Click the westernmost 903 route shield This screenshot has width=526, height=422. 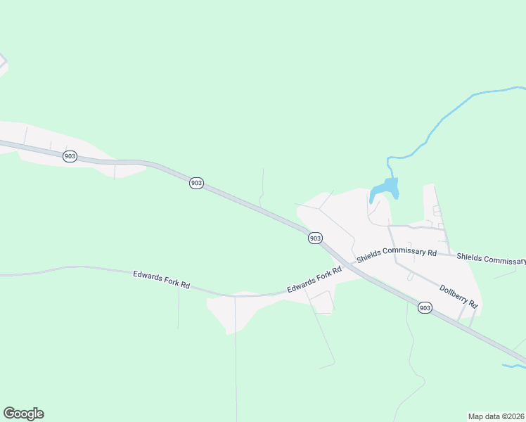pyautogui.click(x=69, y=156)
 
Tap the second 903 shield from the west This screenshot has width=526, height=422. pyautogui.click(x=196, y=183)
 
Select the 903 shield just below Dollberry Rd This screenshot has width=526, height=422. pyautogui.click(x=424, y=307)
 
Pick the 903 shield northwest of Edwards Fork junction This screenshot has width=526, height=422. pyautogui.click(x=315, y=238)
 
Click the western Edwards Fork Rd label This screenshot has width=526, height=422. pyautogui.click(x=162, y=279)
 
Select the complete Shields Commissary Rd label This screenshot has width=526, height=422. pyautogui.click(x=397, y=255)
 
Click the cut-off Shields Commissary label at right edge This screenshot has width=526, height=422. pyautogui.click(x=491, y=259)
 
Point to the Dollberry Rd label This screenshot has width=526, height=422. pyautogui.click(x=458, y=296)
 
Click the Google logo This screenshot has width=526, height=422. pyautogui.click(x=23, y=414)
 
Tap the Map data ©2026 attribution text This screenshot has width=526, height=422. pyautogui.click(x=496, y=416)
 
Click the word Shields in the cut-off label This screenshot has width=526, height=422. pyautogui.click(x=470, y=257)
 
